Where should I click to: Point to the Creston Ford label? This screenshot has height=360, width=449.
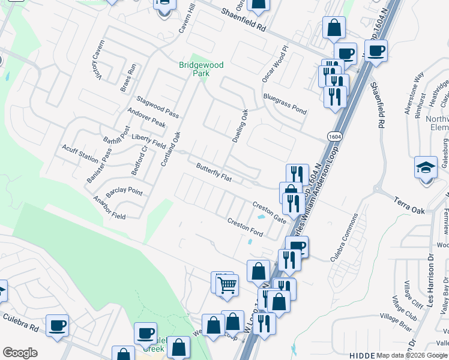pyautogui.click(x=245, y=228)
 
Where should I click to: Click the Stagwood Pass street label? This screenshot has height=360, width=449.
pyautogui.click(x=158, y=106)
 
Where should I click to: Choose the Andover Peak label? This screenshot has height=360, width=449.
pyautogui.click(x=146, y=117)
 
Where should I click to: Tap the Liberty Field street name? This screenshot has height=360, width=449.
pyautogui.click(x=149, y=141)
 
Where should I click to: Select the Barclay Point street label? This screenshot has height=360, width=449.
pyautogui.click(x=124, y=193)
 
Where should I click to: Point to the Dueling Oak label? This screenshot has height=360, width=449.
pyautogui.click(x=241, y=125)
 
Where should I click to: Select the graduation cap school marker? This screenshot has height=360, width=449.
pyautogui.click(x=426, y=167)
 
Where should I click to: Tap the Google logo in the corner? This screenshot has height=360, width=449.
pyautogui.click(x=20, y=353)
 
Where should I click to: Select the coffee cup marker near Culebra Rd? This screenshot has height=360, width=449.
pyautogui.click(x=57, y=325)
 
